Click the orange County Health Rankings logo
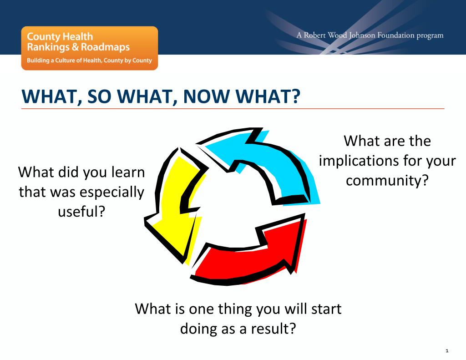tap(90, 48)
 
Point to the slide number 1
tap(447, 351)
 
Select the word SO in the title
tap(99, 96)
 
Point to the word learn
tap(128, 172)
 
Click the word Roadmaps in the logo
tap(105, 47)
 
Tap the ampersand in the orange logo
tap(75, 47)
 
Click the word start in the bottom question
tap(326, 309)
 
